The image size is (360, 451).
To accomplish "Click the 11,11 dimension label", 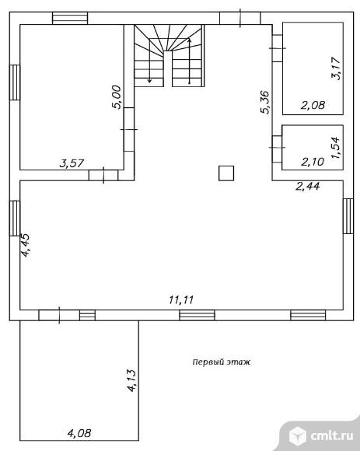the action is [181, 300].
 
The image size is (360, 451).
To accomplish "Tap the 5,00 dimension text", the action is [117, 97].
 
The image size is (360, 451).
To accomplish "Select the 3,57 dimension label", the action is [72, 163].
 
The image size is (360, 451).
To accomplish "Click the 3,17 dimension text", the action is [336, 68].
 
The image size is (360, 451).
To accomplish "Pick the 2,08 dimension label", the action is [313, 105].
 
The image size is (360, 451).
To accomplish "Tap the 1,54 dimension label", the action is [336, 147].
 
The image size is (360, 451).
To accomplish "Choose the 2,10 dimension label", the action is [313, 162].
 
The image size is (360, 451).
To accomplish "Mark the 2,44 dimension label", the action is [308, 187].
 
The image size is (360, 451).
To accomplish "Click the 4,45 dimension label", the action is [25, 245].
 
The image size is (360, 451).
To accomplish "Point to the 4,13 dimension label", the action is [131, 380].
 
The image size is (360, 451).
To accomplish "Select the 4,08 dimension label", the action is [79, 433].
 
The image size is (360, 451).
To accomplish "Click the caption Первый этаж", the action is [221, 362].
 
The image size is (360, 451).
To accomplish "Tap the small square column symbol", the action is [226, 173].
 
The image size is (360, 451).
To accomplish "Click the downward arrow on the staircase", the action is [149, 61].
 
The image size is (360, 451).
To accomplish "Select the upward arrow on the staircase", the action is [189, 61].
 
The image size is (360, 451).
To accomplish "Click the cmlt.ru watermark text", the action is [332, 435].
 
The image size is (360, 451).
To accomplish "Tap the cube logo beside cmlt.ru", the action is [298, 436].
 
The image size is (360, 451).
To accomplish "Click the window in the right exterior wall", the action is [348, 215].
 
